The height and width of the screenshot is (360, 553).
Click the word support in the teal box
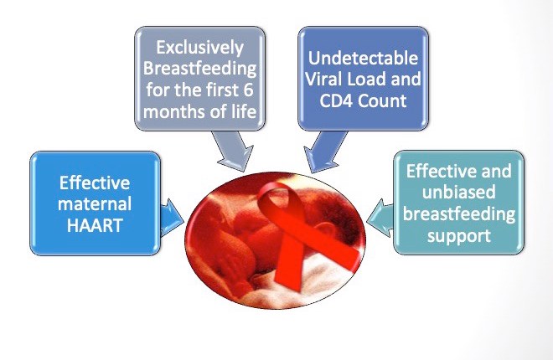[458, 236]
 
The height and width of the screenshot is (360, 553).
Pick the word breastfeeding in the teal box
[458, 214]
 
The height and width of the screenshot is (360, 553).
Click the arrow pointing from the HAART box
[173, 215]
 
